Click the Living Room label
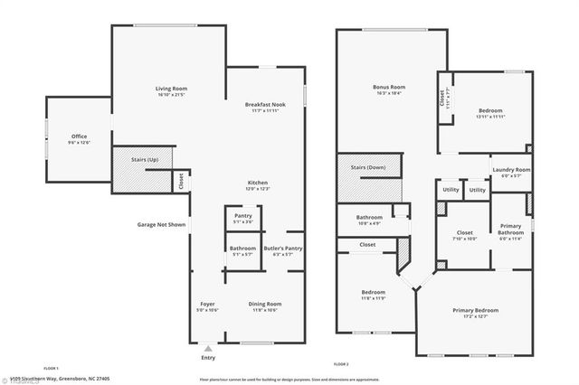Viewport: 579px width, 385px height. click(x=171, y=88)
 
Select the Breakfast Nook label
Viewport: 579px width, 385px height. click(x=266, y=105)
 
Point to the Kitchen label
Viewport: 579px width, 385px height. click(x=258, y=183)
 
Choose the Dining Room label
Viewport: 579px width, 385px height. click(x=265, y=304)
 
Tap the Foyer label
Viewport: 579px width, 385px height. click(x=208, y=304)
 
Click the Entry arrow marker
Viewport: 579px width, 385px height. click(x=209, y=347)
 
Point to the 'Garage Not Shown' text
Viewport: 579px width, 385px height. click(x=162, y=223)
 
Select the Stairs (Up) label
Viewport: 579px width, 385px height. click(x=145, y=160)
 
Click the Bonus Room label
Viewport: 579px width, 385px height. click(x=389, y=88)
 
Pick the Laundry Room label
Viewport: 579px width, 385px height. click(x=511, y=170)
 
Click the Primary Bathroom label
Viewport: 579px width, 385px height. click(x=510, y=230)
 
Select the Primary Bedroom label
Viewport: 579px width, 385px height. click(x=475, y=311)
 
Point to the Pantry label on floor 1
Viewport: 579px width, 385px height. click(x=242, y=216)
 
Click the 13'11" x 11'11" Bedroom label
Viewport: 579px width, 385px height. click(x=490, y=111)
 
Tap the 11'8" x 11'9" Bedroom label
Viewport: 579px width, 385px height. click(x=374, y=293)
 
